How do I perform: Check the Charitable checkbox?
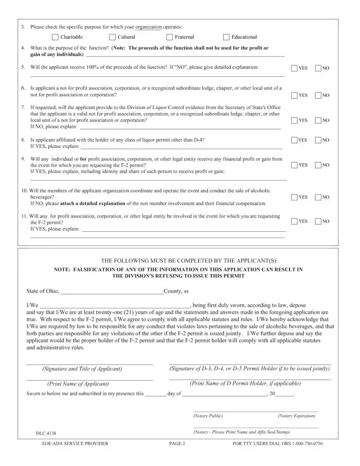[x=55, y=37]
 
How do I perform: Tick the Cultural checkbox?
[x=112, y=37]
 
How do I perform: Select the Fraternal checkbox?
[x=170, y=37]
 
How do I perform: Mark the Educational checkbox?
[x=227, y=37]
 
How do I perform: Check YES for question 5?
[x=294, y=68]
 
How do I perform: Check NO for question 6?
[x=318, y=95]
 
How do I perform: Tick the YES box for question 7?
[x=294, y=120]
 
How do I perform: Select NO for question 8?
[x=318, y=140]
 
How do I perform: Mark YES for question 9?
[x=294, y=165]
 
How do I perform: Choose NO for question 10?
[x=318, y=197]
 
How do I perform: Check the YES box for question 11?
[x=294, y=221]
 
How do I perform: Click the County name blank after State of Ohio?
[x=112, y=291]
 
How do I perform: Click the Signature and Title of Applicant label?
[x=82, y=369]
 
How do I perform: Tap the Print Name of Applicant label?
[x=78, y=384]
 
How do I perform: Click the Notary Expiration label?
[x=296, y=416]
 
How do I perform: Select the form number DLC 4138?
[x=46, y=433]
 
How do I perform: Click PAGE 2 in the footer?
[x=177, y=444]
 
